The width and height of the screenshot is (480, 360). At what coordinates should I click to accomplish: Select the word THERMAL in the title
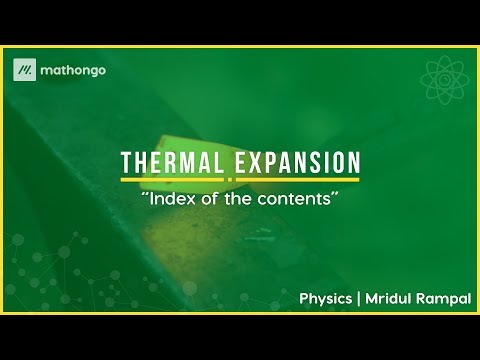pyautogui.click(x=173, y=163)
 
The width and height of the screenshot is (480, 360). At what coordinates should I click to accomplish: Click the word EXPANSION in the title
pyautogui.click(x=297, y=163)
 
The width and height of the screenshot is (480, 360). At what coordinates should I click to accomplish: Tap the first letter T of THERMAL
pyautogui.click(x=127, y=163)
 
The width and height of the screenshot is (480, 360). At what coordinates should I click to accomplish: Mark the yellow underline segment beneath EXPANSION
pyautogui.click(x=297, y=180)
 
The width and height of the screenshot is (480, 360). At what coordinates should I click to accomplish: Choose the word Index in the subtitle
pyautogui.click(x=170, y=199)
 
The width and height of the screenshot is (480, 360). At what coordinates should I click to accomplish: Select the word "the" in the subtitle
pyautogui.click(x=236, y=199)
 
